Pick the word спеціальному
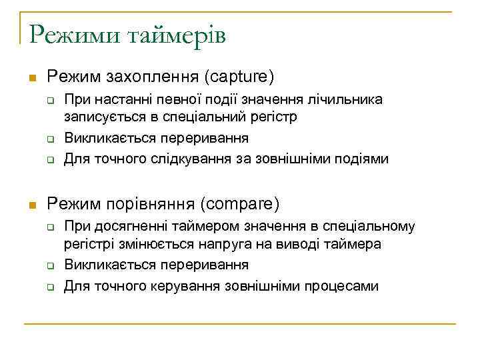pyautogui.click(x=377, y=227)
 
